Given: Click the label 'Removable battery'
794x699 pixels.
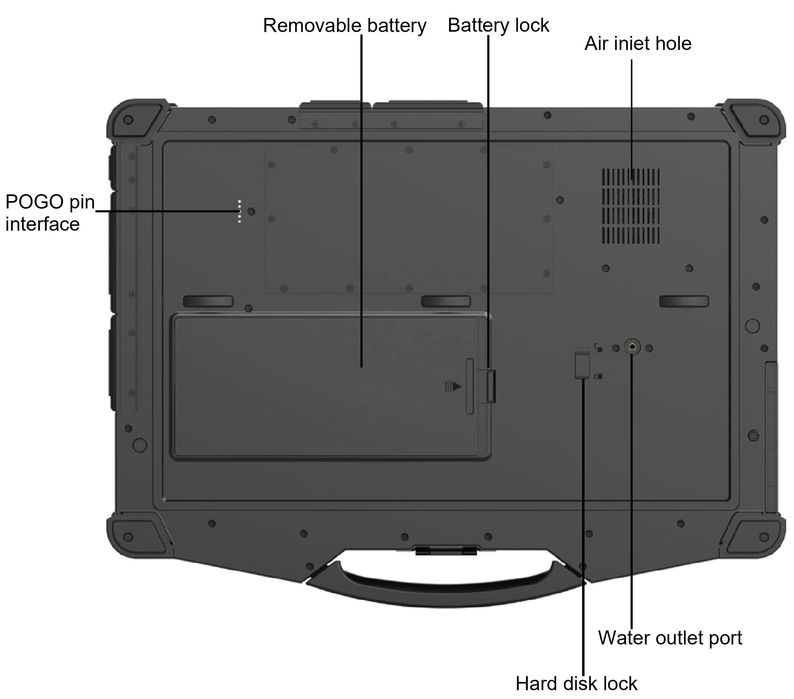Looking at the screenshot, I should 345,26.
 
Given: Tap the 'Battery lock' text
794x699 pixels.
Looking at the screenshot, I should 499,26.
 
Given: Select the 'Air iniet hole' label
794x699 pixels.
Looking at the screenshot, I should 638,44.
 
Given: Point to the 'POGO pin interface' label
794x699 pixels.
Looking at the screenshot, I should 50,213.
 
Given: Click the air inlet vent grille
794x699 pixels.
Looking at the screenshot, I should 631,206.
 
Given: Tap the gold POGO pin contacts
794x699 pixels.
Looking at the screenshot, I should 239,211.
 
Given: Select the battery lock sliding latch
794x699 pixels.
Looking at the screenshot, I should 491,386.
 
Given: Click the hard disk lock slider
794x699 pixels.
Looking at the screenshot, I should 582,365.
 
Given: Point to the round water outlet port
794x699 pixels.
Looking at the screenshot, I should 632,346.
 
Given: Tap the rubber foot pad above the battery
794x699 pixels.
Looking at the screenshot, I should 208,301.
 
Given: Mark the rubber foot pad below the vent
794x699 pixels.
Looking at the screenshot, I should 684,301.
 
